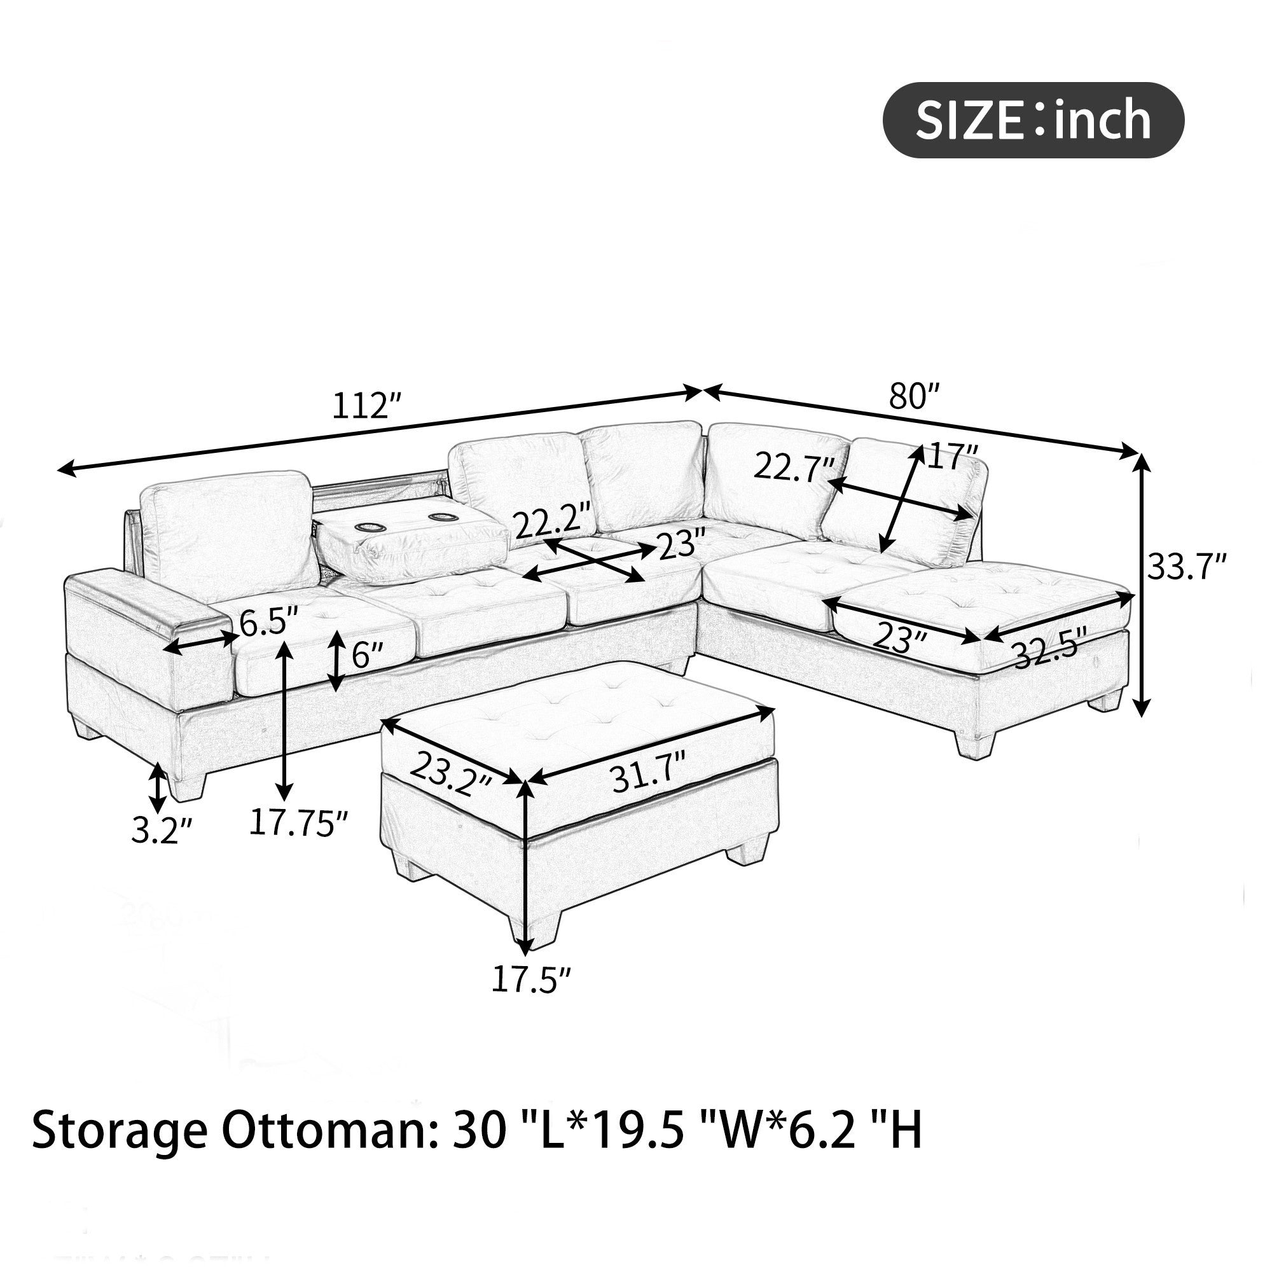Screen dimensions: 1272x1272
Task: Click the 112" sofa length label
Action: pyautogui.click(x=366, y=406)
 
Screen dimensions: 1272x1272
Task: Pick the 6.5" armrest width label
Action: pyautogui.click(x=268, y=623)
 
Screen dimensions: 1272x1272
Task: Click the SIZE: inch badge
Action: pyautogui.click(x=1032, y=120)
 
